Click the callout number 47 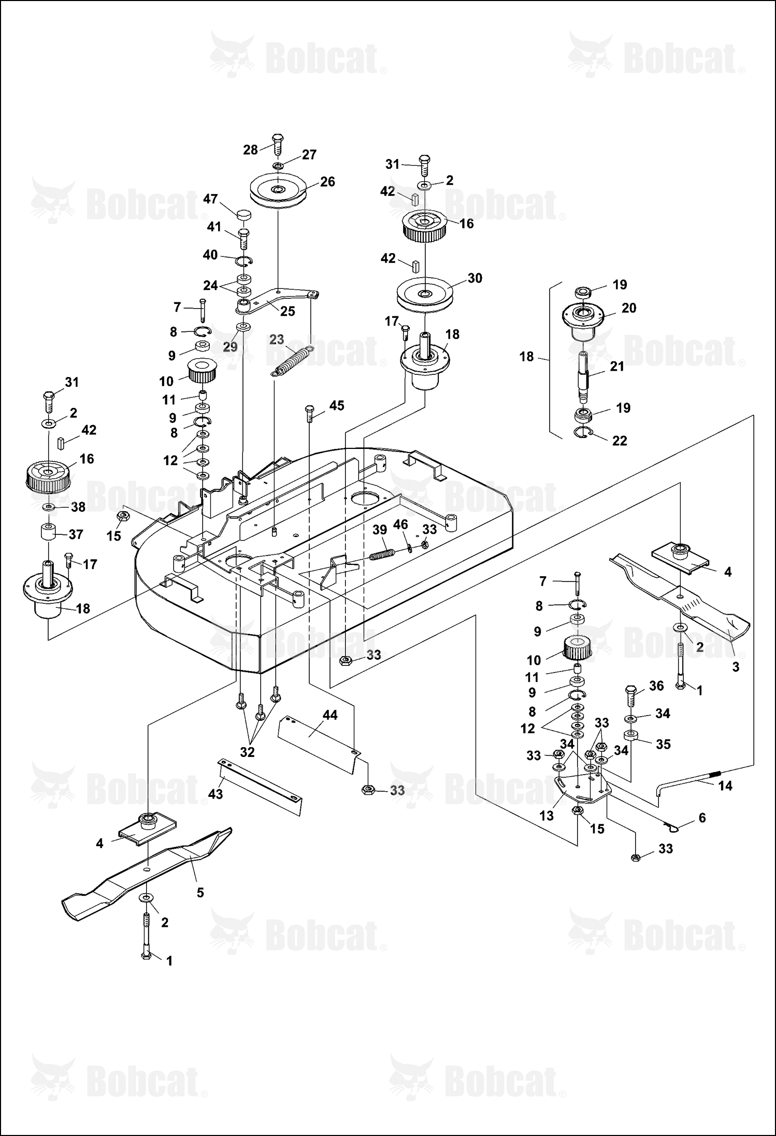click(210, 199)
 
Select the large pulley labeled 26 click(278, 191)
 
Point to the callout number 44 click(330, 715)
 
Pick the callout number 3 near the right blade click(736, 667)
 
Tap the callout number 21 click(617, 366)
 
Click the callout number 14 click(726, 785)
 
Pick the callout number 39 click(380, 530)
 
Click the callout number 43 click(215, 793)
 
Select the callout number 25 click(288, 311)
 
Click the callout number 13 click(547, 815)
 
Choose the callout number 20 click(628, 308)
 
